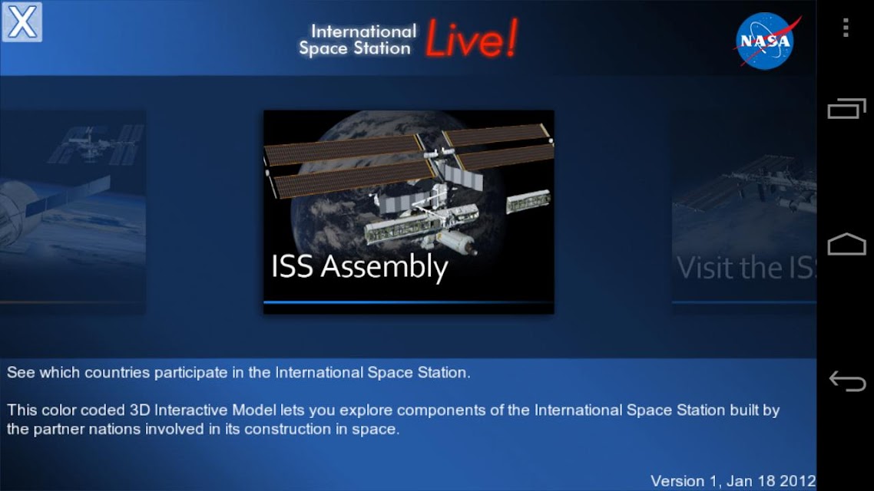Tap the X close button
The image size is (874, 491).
22,22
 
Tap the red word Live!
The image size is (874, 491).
472,38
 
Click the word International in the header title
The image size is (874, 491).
363,31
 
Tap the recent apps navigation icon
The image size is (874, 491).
846,108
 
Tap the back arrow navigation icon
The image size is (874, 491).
846,381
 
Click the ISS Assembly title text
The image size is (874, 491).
359,267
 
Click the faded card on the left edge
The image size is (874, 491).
73,210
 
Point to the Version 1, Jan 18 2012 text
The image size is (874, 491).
733,481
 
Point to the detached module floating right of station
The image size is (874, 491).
528,202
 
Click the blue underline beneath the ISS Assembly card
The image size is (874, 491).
409,302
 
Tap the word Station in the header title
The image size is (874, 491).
382,48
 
